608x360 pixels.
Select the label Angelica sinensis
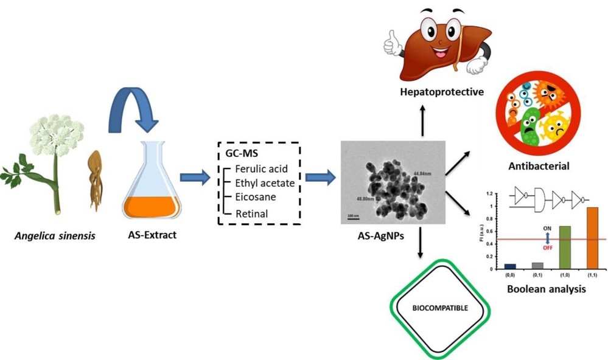pyautogui.click(x=55, y=236)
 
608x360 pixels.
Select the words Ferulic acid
pyautogui.click(x=262, y=169)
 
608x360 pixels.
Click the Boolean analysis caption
pyautogui.click(x=547, y=289)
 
